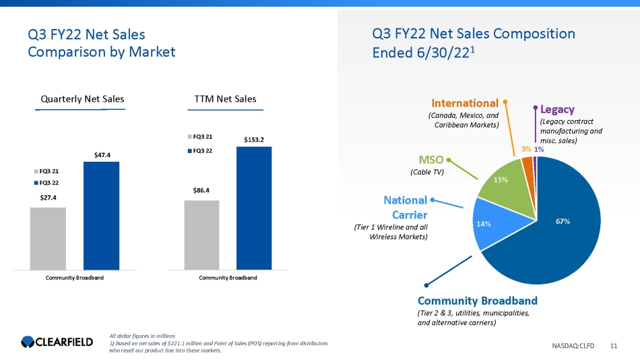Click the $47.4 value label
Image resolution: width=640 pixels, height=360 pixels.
coord(101,154)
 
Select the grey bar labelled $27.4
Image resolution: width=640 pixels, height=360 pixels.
coord(48,238)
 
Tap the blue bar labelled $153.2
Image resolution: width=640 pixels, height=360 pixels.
coord(254,208)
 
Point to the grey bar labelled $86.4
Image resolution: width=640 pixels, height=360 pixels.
coord(201,235)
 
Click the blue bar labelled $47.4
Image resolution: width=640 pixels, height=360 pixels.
coord(101,216)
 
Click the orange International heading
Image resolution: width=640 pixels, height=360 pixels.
coord(465,103)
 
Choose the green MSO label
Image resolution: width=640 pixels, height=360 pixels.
coord(430,160)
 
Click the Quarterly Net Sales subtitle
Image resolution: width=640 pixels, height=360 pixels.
coord(82,99)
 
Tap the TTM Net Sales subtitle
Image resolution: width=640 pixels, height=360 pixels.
coord(224,99)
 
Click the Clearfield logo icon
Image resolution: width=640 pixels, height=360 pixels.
coord(30,343)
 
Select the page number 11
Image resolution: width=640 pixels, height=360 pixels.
coord(613,346)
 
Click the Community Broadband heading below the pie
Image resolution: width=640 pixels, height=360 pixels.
coord(477,300)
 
